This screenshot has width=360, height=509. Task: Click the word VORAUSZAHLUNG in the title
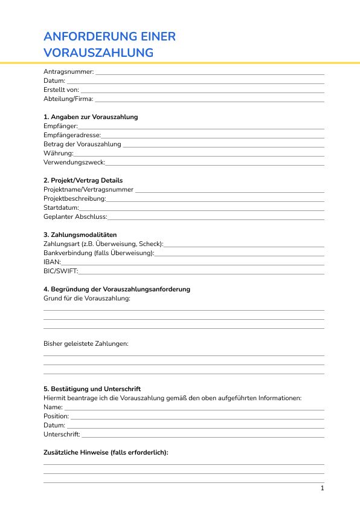(98, 53)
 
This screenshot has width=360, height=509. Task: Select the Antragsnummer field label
(69, 72)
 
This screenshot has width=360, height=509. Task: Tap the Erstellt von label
(61, 89)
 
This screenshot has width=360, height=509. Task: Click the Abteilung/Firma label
(68, 99)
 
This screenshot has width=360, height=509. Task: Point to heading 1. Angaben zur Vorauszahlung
(91, 117)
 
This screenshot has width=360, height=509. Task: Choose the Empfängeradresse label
(72, 135)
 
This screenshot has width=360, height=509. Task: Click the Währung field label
(59, 154)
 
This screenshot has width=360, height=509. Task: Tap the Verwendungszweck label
(74, 163)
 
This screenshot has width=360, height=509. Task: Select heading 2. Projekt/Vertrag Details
(83, 180)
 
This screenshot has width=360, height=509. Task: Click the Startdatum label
(61, 207)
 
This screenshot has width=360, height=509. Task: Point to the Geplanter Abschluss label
(75, 216)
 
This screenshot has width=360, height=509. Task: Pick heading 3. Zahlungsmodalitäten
(80, 235)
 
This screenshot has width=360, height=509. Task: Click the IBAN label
(52, 262)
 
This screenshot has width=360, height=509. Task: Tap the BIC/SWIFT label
(60, 271)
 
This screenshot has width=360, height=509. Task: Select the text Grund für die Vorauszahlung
(87, 298)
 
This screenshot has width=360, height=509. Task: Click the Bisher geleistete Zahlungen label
(86, 343)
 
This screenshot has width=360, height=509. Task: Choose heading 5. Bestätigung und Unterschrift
(92, 389)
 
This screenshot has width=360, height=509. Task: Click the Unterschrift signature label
(62, 434)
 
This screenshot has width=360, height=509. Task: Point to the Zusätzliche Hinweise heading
(106, 452)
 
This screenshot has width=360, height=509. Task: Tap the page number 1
(323, 488)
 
